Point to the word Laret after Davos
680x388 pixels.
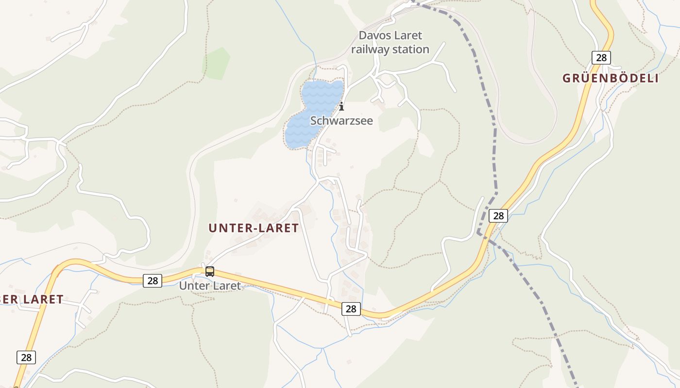pos(407,35)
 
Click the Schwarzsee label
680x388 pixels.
pos(341,121)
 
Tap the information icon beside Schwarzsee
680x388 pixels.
pos(341,106)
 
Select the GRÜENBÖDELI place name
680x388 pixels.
pos(611,78)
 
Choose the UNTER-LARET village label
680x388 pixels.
pos(254,228)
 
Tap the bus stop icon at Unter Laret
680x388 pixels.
pos(210,271)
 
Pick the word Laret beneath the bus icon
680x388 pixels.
pos(226,286)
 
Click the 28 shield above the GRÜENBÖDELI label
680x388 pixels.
pos(601,58)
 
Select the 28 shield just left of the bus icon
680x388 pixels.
pos(153,280)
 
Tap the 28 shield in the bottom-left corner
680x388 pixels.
pos(26,357)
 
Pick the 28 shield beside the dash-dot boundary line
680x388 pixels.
pos(498,216)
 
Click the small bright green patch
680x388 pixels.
pos(216,63)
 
